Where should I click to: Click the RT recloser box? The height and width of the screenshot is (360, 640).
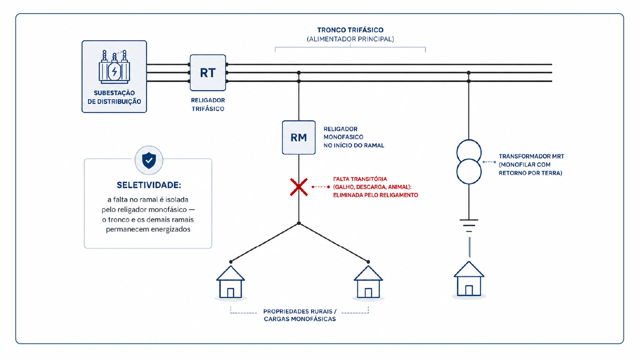point(208,73)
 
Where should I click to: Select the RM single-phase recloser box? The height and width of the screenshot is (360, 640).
point(299,137)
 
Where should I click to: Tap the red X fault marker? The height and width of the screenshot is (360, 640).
point(299,187)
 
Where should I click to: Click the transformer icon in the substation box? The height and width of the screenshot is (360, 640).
point(114,67)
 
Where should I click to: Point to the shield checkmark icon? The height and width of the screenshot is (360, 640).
point(149,160)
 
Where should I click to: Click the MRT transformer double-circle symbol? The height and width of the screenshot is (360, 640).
point(469,162)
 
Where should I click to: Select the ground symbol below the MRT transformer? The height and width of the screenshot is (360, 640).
point(469,225)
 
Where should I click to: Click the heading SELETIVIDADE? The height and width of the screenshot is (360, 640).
point(149,185)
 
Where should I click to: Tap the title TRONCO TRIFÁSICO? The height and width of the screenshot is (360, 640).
point(350,30)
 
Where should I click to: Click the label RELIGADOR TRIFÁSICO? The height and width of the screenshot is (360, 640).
point(208,104)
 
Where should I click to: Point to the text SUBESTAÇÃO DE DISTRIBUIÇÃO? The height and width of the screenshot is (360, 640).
point(114,97)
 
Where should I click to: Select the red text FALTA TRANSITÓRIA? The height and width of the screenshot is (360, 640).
point(360,179)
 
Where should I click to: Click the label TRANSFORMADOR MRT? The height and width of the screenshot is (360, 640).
point(531,156)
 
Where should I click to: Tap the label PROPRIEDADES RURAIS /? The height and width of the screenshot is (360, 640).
point(300,311)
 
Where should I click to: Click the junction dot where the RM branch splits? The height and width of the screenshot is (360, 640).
point(299,223)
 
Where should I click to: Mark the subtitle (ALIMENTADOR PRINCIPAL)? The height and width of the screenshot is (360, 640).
point(350,39)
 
